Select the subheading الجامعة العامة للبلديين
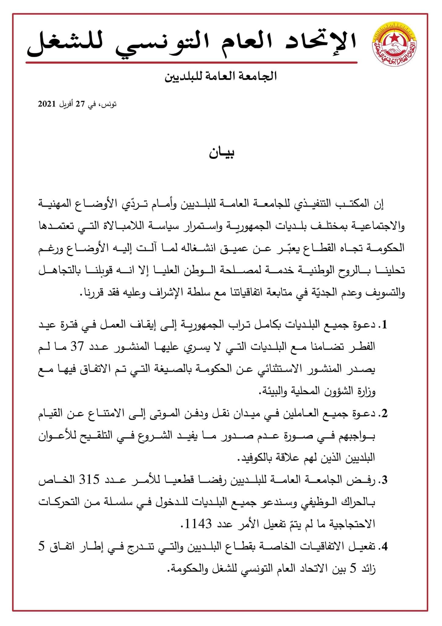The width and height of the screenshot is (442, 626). [x=221, y=76]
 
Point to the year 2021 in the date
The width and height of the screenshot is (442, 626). [x=47, y=104]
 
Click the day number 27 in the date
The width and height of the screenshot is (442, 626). [x=80, y=104]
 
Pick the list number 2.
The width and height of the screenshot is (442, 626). [x=384, y=414]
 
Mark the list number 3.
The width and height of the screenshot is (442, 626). [x=384, y=481]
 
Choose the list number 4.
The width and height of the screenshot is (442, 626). [x=384, y=547]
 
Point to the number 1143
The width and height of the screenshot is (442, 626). [x=199, y=525]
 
